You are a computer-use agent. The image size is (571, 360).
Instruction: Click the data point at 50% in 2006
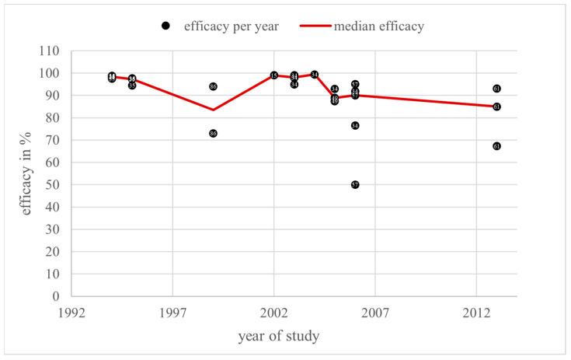[x=355, y=185]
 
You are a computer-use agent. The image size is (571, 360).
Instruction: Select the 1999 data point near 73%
[x=213, y=134]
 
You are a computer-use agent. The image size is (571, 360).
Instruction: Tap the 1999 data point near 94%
[x=213, y=86]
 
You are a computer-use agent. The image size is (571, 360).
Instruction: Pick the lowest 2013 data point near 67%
[x=496, y=146]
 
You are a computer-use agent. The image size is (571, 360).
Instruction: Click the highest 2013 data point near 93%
[x=496, y=89]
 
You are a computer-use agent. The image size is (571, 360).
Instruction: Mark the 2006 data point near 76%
[x=355, y=125]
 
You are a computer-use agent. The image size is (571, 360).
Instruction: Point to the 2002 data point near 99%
[x=274, y=75]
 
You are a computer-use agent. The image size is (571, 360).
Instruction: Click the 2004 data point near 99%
[x=315, y=75]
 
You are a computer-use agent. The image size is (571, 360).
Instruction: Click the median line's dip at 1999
[x=213, y=110]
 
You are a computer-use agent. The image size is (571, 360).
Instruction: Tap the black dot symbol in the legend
[x=166, y=26]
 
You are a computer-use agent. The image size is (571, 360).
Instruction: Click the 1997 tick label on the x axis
[x=172, y=312]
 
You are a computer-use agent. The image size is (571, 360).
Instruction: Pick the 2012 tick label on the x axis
[x=476, y=312]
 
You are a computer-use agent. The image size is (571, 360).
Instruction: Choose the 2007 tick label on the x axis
[x=375, y=312]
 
